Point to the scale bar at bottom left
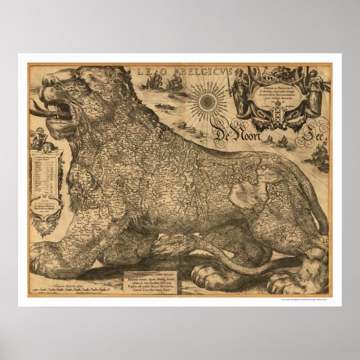[64, 289]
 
